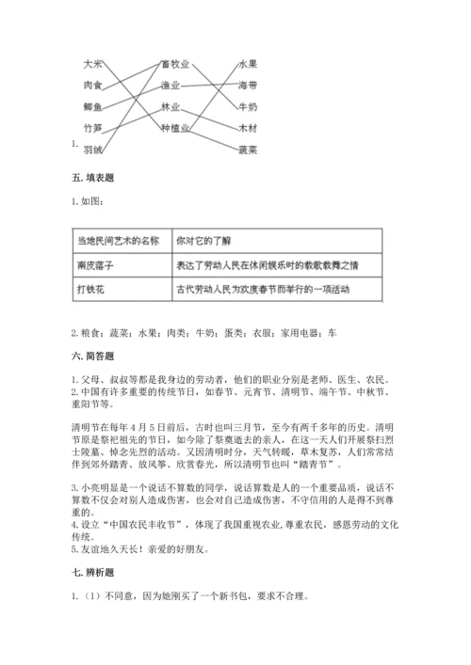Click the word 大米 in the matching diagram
(x=92, y=64)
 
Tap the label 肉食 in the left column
(x=92, y=86)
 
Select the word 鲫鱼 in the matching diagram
(x=92, y=106)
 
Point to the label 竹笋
(x=92, y=127)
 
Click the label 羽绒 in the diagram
(x=92, y=149)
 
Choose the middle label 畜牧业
(x=174, y=64)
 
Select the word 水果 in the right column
(x=248, y=64)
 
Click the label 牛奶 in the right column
(x=248, y=106)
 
